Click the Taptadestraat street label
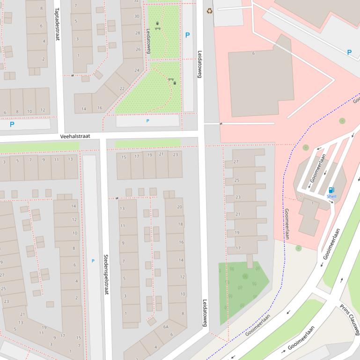click(x=57, y=23)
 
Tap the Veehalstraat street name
click(x=75, y=137)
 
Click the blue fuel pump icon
click(x=331, y=190)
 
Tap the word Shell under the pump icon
click(x=331, y=197)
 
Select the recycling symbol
click(x=209, y=10)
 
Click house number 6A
click(x=166, y=327)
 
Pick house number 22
click(x=122, y=88)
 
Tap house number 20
click(x=179, y=207)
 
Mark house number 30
click(x=137, y=16)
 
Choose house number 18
click(x=181, y=224)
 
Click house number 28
click(x=138, y=33)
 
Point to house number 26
click(x=138, y=50)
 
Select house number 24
click(x=137, y=71)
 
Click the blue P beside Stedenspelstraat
click(x=93, y=261)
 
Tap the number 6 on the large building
click(x=254, y=53)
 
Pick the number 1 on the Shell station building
click(x=313, y=203)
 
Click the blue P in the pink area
click(x=349, y=52)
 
